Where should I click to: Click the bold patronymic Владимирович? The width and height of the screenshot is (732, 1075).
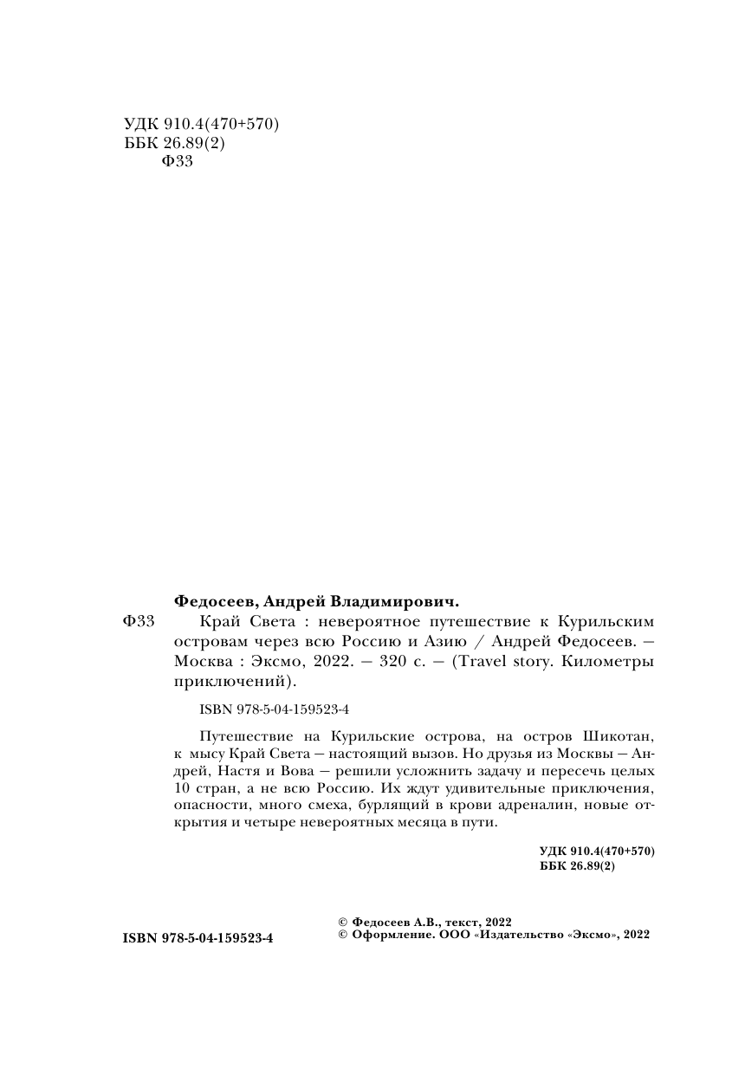pos(393,600)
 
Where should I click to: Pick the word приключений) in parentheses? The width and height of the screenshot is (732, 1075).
pos(236,683)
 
